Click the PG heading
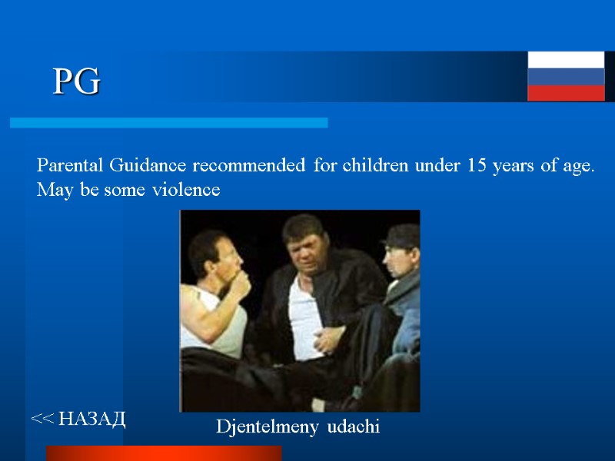coord(77,82)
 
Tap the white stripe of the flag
coord(566,60)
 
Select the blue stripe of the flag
coord(566,76)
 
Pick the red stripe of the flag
coord(566,92)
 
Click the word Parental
coord(71,165)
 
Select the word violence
coord(184,189)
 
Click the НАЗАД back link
coord(79,419)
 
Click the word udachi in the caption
coord(353,427)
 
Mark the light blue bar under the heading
coord(168,123)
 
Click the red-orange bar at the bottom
coord(163,453)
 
